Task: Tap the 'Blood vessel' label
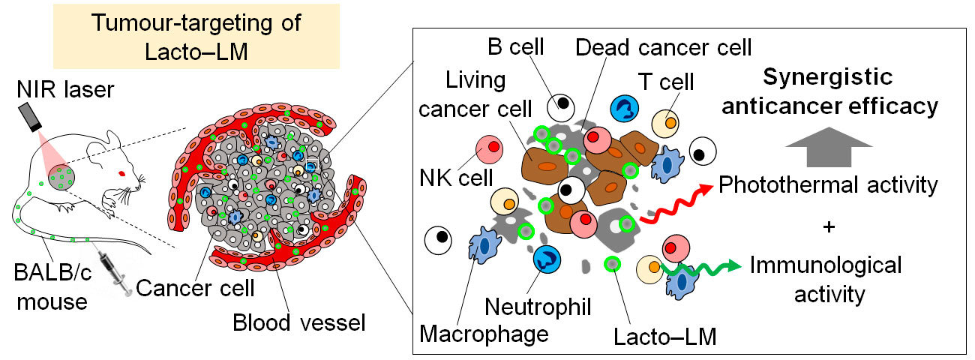[x=298, y=323]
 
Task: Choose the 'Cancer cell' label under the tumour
[x=196, y=287]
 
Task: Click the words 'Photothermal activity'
[x=828, y=184]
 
